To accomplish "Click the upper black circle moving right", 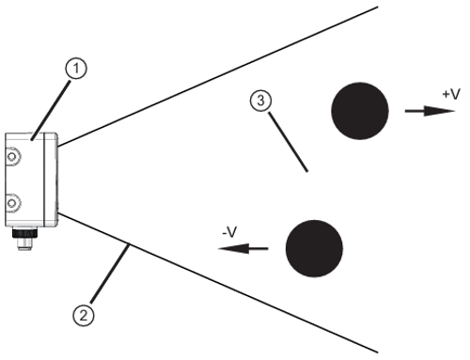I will tap(360, 110).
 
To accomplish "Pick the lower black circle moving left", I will tap(313, 248).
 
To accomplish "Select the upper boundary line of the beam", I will tap(216, 76).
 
